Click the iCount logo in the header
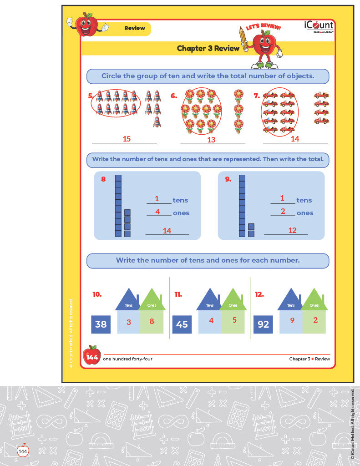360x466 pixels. pos(319,27)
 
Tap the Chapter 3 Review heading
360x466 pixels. pos(208,48)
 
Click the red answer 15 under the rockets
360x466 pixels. pos(127,139)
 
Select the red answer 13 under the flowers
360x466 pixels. pos(211,140)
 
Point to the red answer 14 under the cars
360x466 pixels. pos(295,139)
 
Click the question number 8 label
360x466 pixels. pos(103,179)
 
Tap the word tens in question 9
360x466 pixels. pos(304,200)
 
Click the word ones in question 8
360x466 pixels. pos(181,213)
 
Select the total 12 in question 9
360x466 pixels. pos(292,230)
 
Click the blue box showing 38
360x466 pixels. pos(101,324)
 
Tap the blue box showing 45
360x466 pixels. pos(182,324)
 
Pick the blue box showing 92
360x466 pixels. pos(263,324)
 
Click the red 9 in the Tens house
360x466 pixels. pos(292,320)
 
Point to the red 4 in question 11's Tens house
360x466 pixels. pos(211,320)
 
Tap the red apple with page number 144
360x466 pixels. pos(91,356)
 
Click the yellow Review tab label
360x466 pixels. pos(135,28)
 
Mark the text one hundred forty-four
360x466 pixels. pos(128,359)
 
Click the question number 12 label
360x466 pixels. pos(259,294)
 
